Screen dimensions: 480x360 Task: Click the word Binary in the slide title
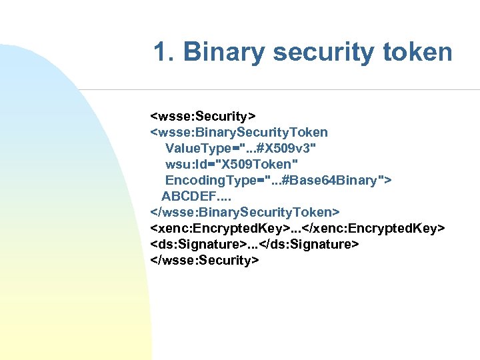(x=219, y=51)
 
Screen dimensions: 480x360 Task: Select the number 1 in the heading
(x=161, y=51)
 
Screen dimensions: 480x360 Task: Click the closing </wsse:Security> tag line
(x=205, y=260)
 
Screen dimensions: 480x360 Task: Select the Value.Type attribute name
(x=197, y=148)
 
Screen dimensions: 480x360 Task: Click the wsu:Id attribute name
(x=186, y=164)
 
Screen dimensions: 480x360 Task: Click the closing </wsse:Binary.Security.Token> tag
(x=245, y=212)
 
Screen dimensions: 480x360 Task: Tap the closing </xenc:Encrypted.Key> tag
(x=377, y=229)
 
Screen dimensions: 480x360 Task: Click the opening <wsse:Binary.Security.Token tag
(x=239, y=132)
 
